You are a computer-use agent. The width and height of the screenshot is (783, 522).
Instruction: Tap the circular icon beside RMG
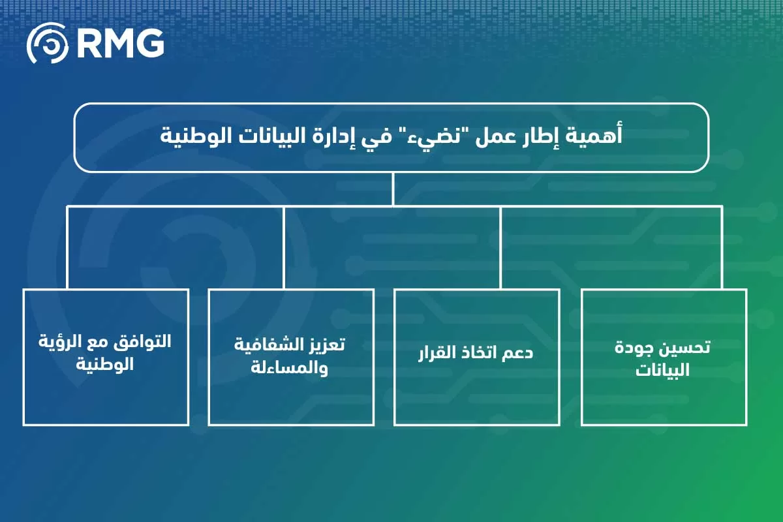tap(47, 43)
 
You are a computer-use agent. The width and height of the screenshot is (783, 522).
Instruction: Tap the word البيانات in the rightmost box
tap(663, 371)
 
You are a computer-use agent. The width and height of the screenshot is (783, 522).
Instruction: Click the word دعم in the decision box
tap(519, 354)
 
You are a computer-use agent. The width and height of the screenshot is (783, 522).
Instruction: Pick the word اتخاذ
tap(480, 354)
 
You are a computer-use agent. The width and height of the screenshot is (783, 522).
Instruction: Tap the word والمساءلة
tap(291, 369)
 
